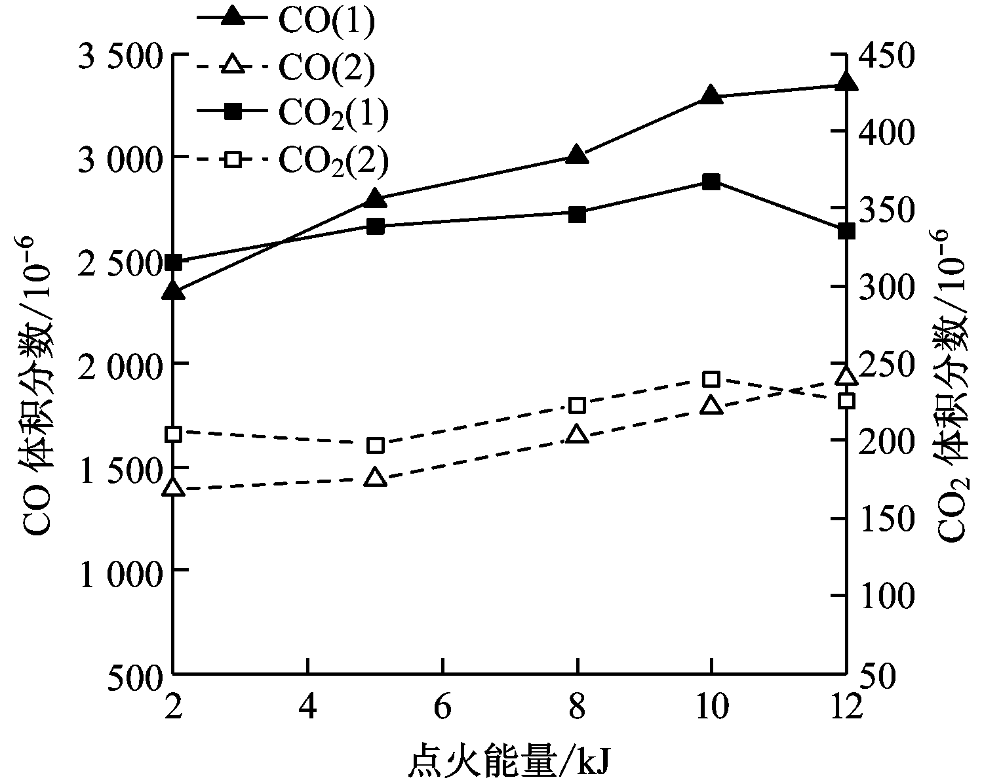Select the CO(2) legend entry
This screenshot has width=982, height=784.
tap(288, 66)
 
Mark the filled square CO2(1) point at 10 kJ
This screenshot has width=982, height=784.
tap(711, 182)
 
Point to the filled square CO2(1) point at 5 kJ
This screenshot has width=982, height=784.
tap(375, 226)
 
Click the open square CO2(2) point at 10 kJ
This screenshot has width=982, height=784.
tap(711, 379)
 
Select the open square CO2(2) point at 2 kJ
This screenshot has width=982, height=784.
tap(173, 434)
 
